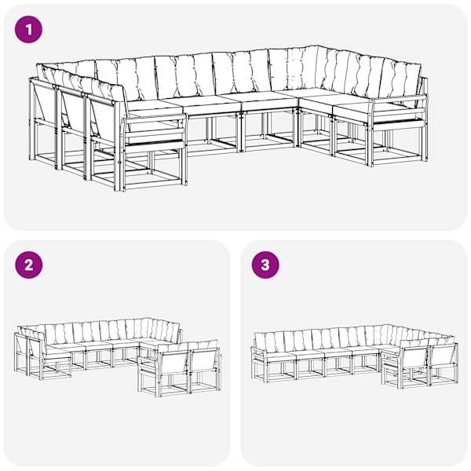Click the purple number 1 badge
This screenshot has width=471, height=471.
tap(28, 30)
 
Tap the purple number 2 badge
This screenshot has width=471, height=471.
tap(28, 265)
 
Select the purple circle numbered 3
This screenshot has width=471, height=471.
tap(265, 265)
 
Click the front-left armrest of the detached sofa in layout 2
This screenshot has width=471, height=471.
tap(148, 358)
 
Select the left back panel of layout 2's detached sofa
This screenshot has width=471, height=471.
tap(174, 363)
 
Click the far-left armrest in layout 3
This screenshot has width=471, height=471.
tap(259, 351)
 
